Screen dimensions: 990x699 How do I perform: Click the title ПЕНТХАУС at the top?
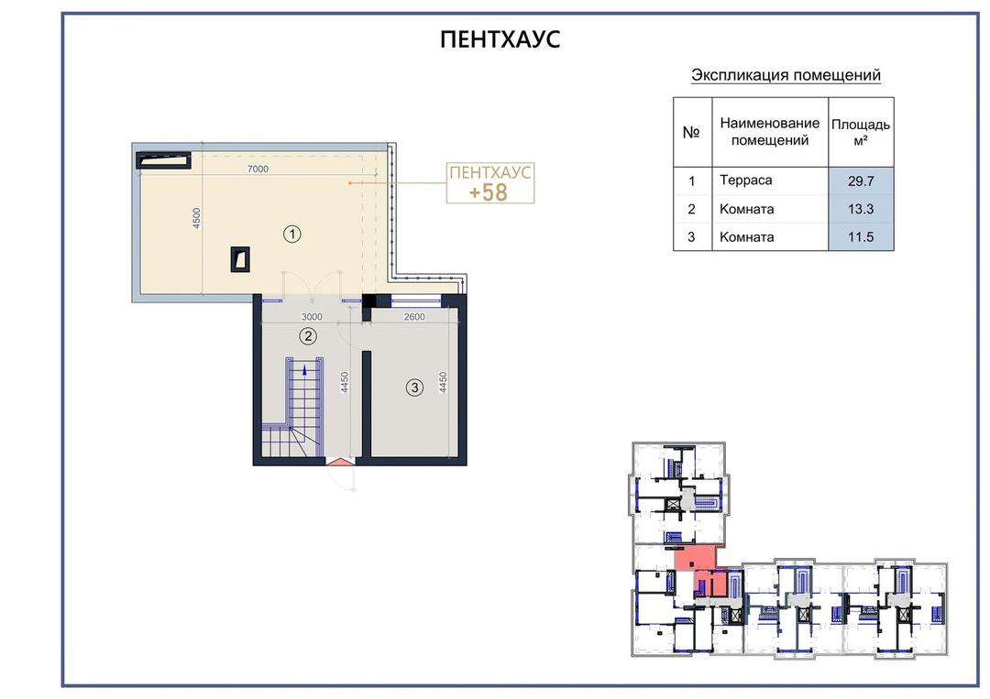click(500, 39)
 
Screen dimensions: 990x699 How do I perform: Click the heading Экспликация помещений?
click(786, 75)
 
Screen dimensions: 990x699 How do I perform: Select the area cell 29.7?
click(861, 181)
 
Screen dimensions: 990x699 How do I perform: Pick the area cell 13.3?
click(861, 209)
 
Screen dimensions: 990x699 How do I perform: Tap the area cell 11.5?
click(861, 237)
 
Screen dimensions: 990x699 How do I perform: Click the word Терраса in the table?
click(745, 180)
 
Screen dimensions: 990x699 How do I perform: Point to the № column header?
click(691, 133)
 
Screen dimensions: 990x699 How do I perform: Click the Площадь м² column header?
click(861, 132)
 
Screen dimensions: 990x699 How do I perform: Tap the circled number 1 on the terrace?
click(291, 234)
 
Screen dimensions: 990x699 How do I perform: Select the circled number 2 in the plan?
click(308, 335)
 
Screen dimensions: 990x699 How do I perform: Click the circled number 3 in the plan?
click(414, 388)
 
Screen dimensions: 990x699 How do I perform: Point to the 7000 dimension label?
click(258, 169)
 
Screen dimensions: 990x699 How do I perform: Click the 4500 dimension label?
click(197, 218)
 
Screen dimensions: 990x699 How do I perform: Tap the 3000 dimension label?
click(312, 317)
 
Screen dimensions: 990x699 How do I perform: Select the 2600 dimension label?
click(414, 317)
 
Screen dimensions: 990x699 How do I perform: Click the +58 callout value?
click(488, 192)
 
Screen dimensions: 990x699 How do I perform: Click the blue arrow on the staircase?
click(305, 370)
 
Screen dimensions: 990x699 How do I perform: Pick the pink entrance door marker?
click(340, 461)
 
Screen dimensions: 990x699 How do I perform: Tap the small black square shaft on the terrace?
click(240, 259)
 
